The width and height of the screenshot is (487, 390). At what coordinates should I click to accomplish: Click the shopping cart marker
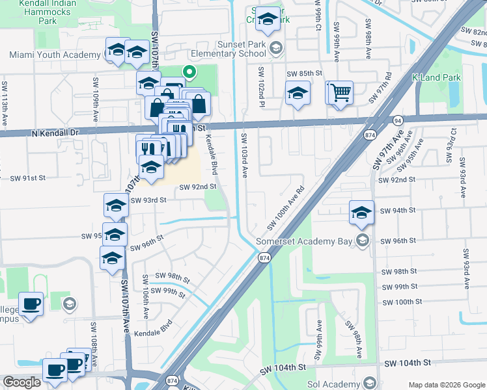(339, 92)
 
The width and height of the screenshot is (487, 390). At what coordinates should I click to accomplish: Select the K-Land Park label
(436, 78)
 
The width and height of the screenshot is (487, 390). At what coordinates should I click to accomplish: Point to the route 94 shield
(397, 121)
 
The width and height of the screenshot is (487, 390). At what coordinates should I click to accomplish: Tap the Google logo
(22, 382)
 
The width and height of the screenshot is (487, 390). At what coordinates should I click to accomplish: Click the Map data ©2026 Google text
(446, 385)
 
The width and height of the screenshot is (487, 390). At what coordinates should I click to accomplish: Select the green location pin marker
(189, 73)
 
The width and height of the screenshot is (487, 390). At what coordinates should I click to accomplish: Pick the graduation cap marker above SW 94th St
(362, 212)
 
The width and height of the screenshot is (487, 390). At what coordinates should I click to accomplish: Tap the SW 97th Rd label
(380, 88)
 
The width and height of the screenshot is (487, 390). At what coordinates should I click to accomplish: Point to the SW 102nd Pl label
(260, 85)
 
